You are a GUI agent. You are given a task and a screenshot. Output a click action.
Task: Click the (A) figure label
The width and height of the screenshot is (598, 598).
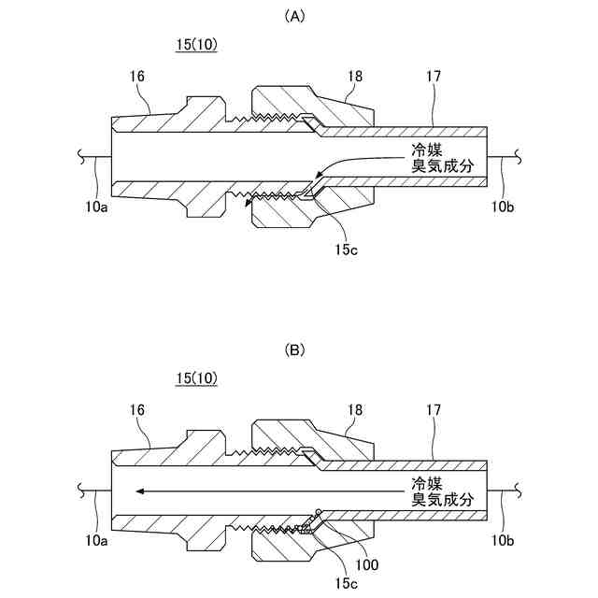[x=299, y=16]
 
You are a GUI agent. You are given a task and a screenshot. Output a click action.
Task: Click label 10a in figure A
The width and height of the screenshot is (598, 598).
[x=97, y=207]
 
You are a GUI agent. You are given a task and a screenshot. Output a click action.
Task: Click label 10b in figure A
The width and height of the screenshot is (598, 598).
[x=501, y=207]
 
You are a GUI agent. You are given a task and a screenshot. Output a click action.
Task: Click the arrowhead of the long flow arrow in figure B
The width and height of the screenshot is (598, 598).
[x=137, y=488]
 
